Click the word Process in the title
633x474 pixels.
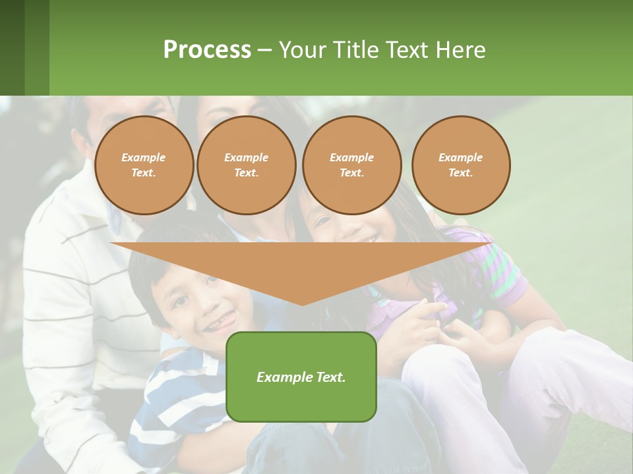(207, 50)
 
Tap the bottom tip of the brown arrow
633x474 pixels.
(302, 303)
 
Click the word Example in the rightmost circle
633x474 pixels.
(460, 157)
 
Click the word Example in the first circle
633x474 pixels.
(144, 157)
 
